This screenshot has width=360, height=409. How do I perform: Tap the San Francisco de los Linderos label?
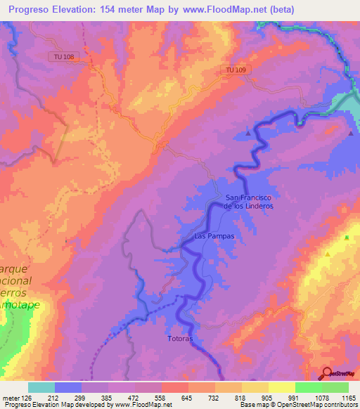248,202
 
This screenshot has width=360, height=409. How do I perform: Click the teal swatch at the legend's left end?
41,387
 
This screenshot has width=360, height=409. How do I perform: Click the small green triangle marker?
347,238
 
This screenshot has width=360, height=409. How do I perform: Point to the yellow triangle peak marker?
328,254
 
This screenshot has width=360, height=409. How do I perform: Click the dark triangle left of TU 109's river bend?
247,132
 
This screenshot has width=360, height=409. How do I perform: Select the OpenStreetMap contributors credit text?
322,405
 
